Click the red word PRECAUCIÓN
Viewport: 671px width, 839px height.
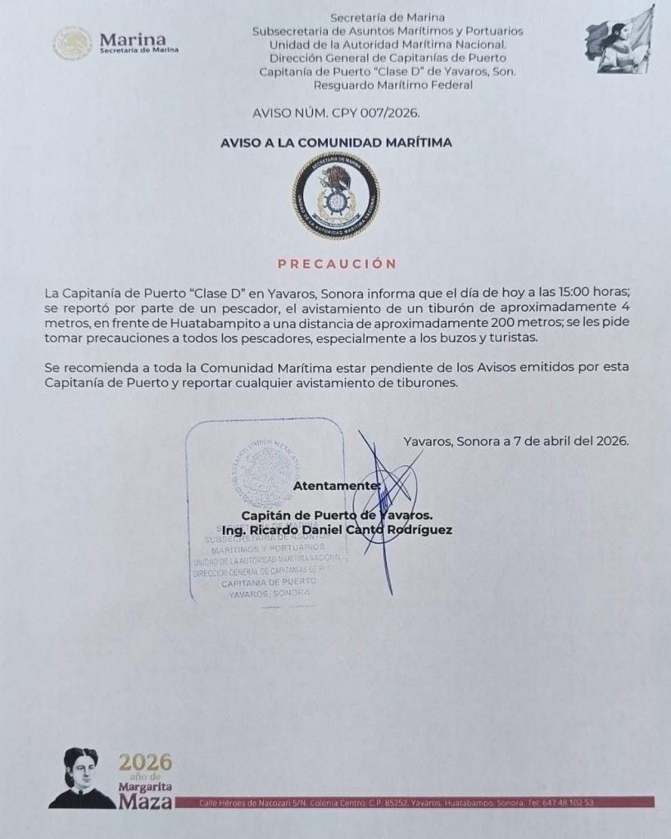tap(337, 264)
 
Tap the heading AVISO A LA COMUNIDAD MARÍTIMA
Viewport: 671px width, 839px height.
tap(336, 143)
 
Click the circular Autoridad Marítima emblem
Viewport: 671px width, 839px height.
tap(336, 195)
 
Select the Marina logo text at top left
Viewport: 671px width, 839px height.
tap(131, 41)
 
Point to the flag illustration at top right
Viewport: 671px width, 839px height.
tap(620, 39)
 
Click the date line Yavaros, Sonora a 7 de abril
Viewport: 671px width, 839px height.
tap(516, 440)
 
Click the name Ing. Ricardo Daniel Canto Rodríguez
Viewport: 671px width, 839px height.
tap(337, 529)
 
